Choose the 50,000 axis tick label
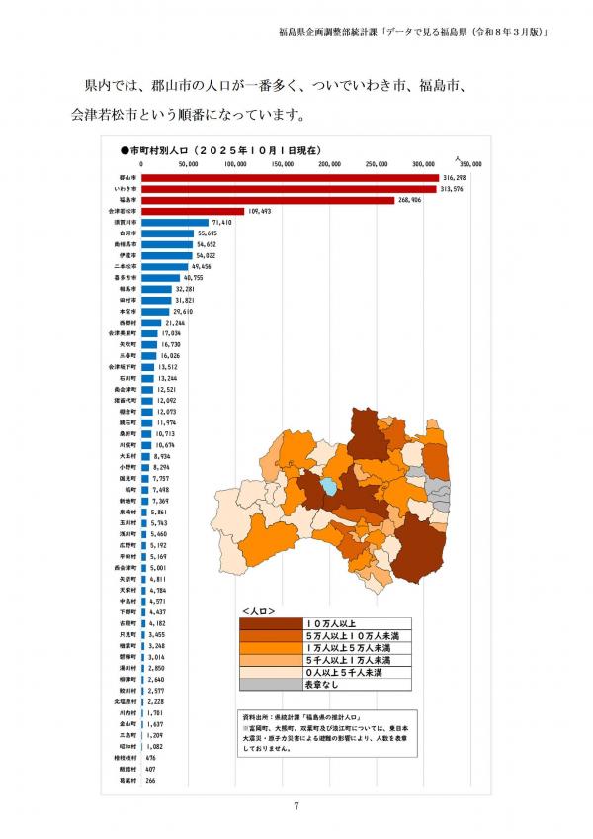(189, 165)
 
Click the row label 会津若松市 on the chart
(123, 211)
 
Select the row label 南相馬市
(125, 244)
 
